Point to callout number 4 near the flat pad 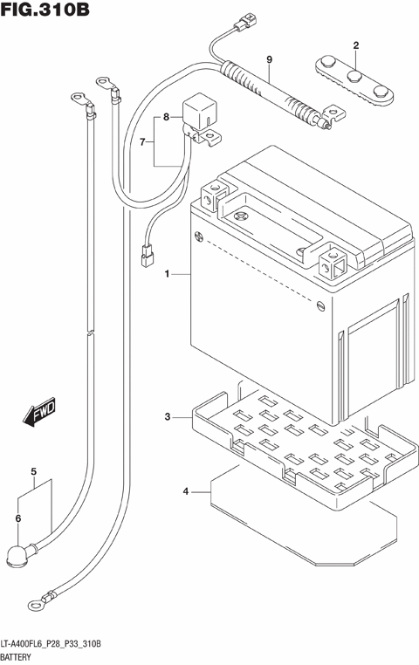(33, 474)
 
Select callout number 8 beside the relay (270, 59)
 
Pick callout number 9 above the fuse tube (39, 413)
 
